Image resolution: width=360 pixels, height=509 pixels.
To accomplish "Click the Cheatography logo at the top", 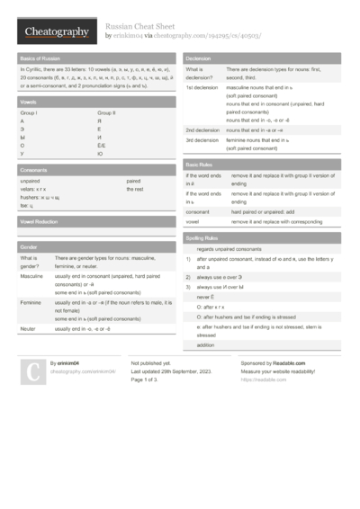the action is coord(56,32).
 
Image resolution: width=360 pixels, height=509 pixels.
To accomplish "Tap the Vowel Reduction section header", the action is coord(39,221).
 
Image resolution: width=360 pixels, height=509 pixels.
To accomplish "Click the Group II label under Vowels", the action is coord(107,113).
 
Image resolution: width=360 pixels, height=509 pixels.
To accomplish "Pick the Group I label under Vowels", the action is coord(30,113).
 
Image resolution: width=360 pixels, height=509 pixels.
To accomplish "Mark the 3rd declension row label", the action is coord(202,140).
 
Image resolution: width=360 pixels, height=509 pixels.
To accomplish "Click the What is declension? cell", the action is coord(200,72).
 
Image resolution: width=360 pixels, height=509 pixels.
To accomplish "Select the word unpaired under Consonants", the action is coord(30,180).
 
